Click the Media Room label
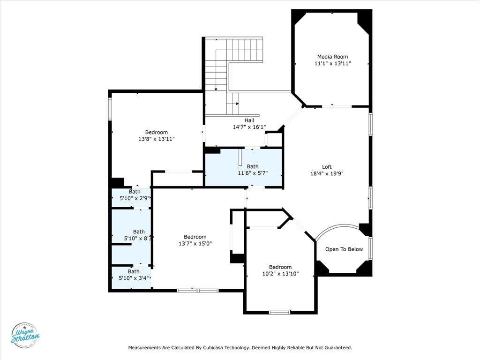point(332,57)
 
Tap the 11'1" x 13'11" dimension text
point(332,63)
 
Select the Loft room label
point(327,167)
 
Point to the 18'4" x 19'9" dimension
point(327,173)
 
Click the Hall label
point(249,120)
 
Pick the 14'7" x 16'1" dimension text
point(249,127)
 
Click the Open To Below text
point(344,249)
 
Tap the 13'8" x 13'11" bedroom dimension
point(157,139)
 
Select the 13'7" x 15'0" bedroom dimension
point(195,244)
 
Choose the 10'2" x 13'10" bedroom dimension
point(280,274)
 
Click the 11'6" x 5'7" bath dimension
point(253,173)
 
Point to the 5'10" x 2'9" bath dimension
point(135,198)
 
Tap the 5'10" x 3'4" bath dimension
point(134,278)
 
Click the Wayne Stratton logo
point(25,336)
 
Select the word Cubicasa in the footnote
point(213,348)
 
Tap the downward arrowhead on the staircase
point(216,90)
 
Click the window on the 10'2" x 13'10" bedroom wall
point(279,313)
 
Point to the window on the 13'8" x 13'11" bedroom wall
point(110,109)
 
